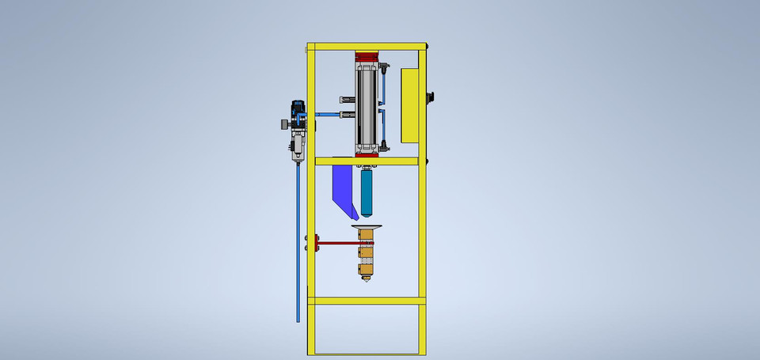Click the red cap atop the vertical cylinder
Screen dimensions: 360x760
pyautogui.click(x=367, y=57)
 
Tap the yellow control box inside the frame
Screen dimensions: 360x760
pyautogui.click(x=411, y=105)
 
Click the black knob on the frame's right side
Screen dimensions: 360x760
pyautogui.click(x=431, y=97)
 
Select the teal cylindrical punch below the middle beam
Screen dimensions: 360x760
pyautogui.click(x=367, y=194)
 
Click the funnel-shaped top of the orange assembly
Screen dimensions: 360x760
pyautogui.click(x=367, y=229)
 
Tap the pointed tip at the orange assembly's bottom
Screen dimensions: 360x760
pyautogui.click(x=366, y=279)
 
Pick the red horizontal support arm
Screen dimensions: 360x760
pyautogui.click(x=336, y=243)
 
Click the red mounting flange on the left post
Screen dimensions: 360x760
pyautogui.click(x=317, y=243)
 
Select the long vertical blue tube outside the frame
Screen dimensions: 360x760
pyautogui.click(x=298, y=237)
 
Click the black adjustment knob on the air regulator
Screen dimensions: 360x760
pyautogui.click(x=282, y=124)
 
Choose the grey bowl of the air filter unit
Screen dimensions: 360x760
pyautogui.click(x=297, y=148)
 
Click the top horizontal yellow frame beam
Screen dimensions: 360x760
pyautogui.click(x=367, y=47)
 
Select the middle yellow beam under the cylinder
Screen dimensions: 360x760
pyautogui.click(x=367, y=161)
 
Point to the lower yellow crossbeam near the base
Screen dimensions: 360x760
pyautogui.click(x=367, y=301)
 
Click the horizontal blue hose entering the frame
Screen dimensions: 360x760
pyautogui.click(x=326, y=116)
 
